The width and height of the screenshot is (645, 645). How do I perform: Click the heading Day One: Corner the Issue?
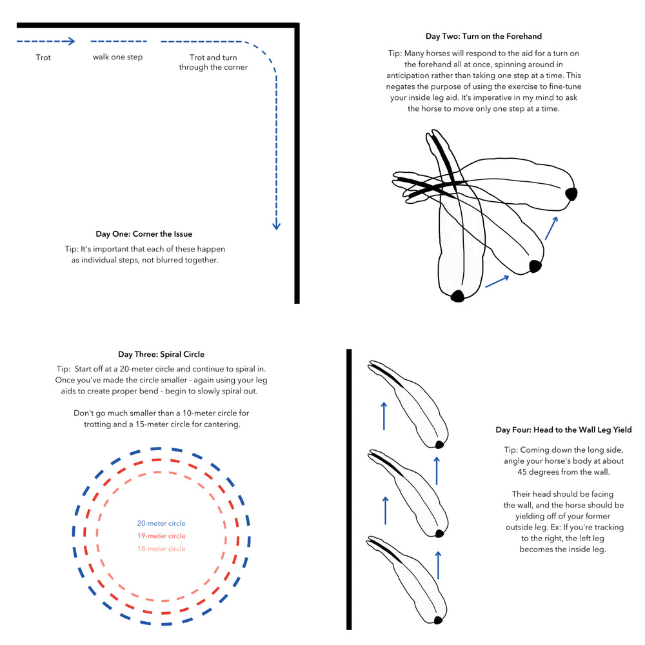[144, 234]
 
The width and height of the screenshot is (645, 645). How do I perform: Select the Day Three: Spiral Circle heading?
[161, 354]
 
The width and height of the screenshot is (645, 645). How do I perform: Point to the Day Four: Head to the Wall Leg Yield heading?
[563, 430]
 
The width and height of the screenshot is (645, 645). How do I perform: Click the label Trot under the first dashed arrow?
[43, 57]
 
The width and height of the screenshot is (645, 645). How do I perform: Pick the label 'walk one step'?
[117, 57]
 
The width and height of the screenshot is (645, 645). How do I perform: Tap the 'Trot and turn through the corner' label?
[213, 62]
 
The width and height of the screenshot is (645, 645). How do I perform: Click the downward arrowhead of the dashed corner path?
[276, 225]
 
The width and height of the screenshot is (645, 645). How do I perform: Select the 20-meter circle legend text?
[161, 524]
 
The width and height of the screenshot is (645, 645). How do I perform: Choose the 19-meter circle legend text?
[161, 536]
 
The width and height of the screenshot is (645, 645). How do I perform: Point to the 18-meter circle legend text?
[161, 549]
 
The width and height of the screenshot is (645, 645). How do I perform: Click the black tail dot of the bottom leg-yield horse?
[439, 620]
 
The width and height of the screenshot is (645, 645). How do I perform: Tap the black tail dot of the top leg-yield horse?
[439, 444]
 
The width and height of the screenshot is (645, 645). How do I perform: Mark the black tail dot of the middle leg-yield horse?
[439, 533]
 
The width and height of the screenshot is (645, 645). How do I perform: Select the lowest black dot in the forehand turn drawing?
[457, 295]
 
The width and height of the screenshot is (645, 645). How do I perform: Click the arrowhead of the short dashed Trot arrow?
[72, 41]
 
